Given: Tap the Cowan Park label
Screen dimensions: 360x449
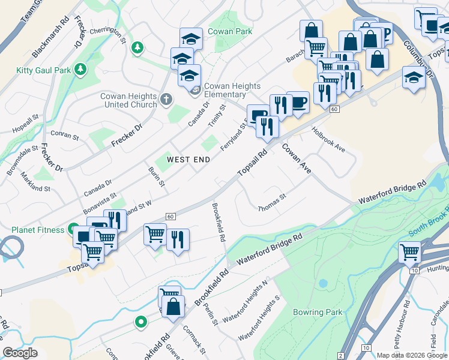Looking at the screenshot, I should click(224, 31).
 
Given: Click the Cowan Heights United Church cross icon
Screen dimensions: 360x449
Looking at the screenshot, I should click(166, 99).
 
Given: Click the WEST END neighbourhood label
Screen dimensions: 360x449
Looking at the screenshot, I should click(188, 160).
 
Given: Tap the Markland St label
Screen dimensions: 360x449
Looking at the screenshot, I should click(35, 181).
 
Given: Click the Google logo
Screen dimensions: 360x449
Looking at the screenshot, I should click(20, 353).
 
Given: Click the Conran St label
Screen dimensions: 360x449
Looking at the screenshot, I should click(66, 136).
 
